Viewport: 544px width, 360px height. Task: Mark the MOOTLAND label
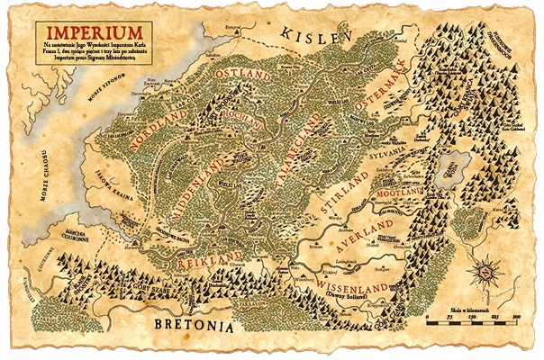click(389, 192)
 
